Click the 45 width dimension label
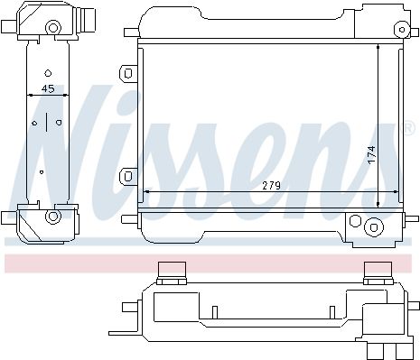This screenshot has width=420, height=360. click(48, 88)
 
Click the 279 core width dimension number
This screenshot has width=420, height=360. click(271, 186)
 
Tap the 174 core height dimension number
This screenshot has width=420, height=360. click(372, 155)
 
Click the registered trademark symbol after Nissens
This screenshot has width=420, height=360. click(408, 128)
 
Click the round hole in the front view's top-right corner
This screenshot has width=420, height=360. click(402, 30)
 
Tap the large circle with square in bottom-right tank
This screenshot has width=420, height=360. click(373, 227)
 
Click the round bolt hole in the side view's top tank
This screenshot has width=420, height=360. click(53, 28)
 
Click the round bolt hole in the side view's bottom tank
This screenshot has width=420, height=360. click(53, 217)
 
